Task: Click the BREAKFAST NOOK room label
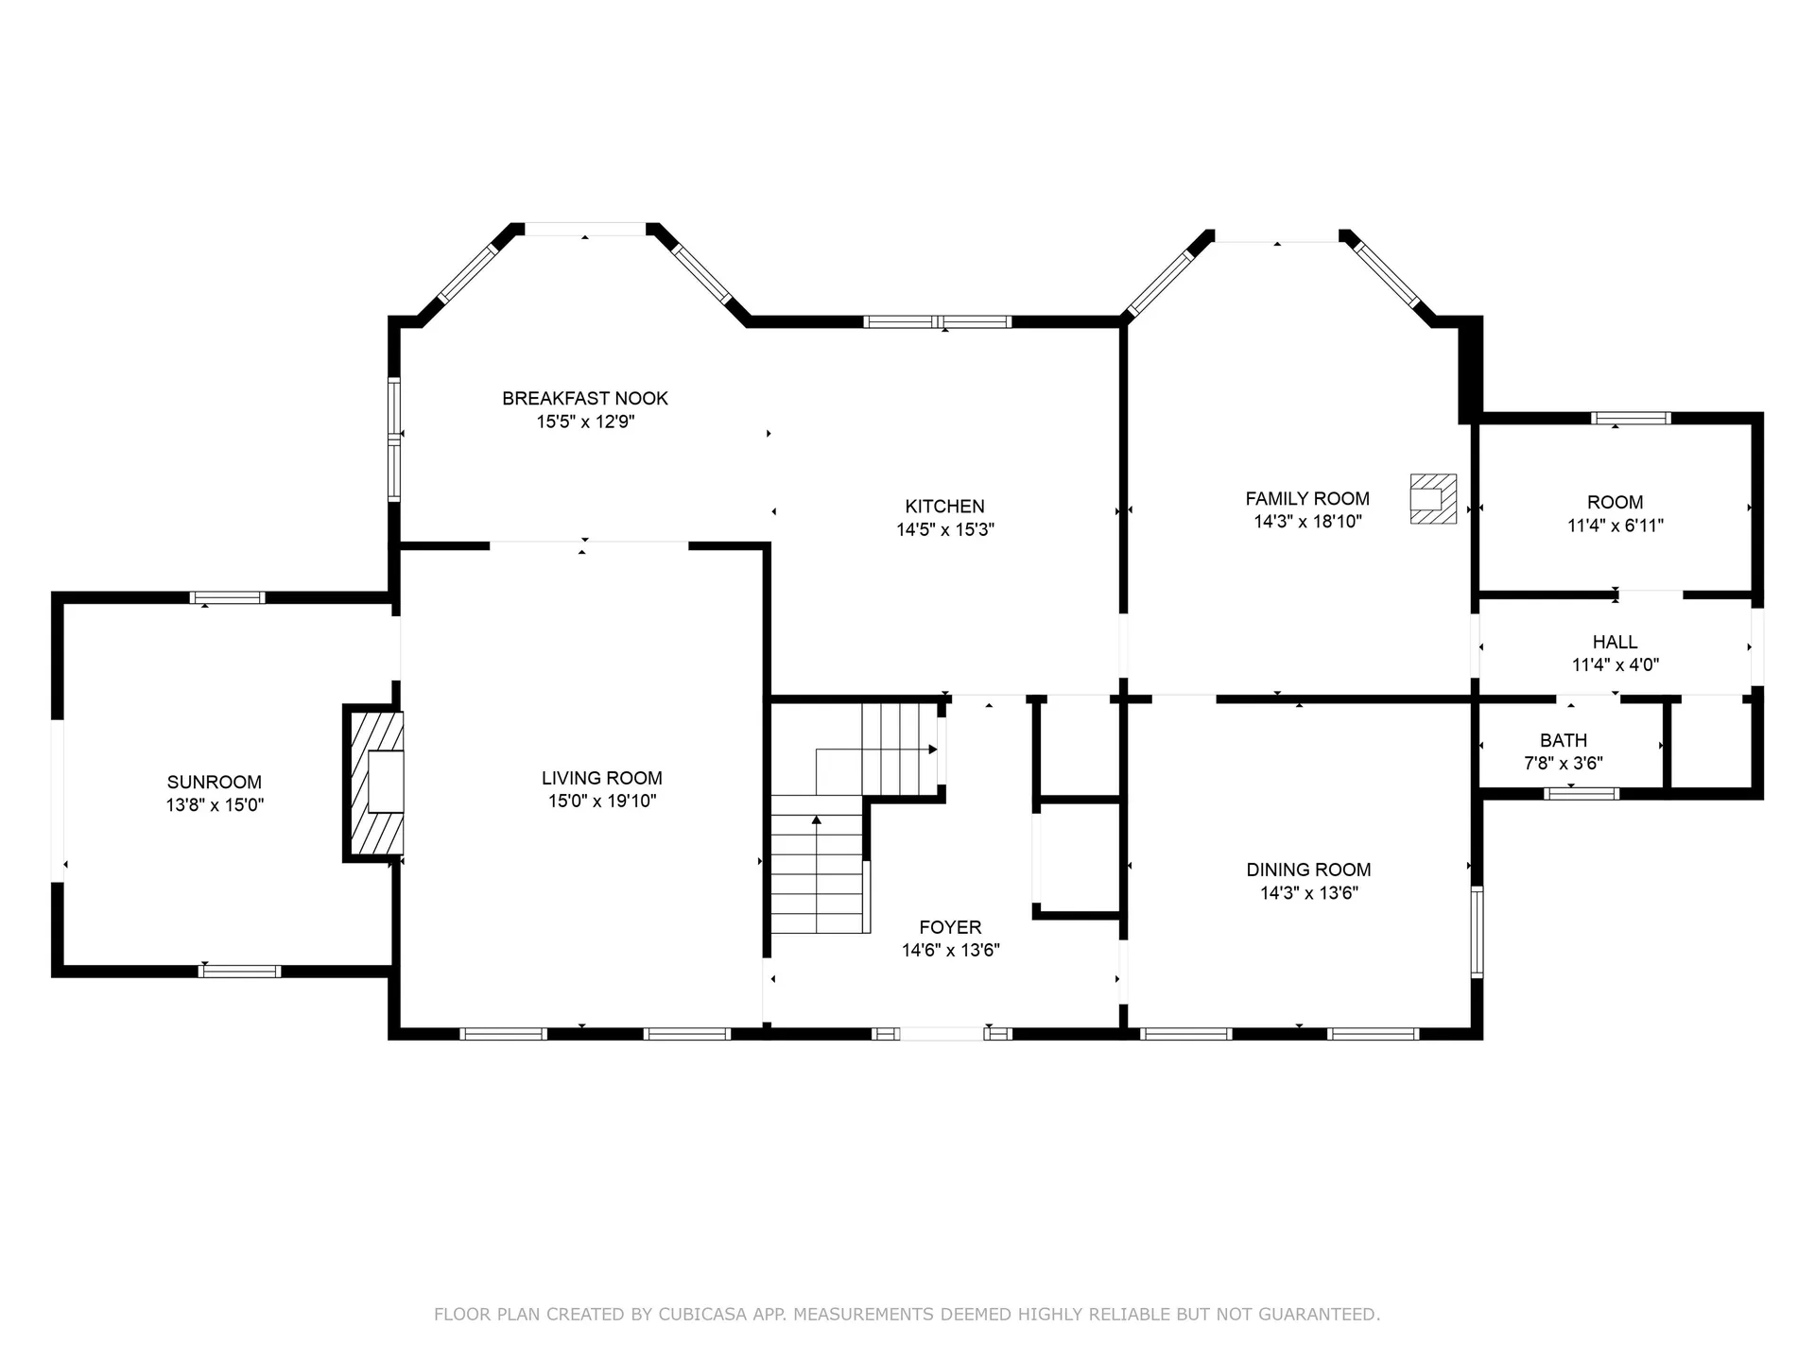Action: (x=584, y=398)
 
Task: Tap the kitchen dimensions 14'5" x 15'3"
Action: (x=944, y=529)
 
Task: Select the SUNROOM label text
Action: (x=214, y=782)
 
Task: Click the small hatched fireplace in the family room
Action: (x=1432, y=498)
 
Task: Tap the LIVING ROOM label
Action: (x=601, y=778)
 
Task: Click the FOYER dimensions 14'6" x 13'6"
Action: (x=950, y=950)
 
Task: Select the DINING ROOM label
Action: (x=1307, y=870)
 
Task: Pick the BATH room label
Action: (x=1563, y=740)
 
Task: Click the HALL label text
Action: (x=1615, y=642)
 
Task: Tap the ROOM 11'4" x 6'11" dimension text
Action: (x=1615, y=525)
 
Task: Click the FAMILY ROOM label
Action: (x=1306, y=498)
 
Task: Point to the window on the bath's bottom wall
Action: (x=1582, y=794)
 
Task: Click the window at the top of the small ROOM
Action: (x=1631, y=418)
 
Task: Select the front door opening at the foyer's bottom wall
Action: (x=942, y=1034)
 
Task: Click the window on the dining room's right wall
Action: (x=1477, y=931)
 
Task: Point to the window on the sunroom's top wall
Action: (x=227, y=597)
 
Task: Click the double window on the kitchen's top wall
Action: (x=937, y=322)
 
